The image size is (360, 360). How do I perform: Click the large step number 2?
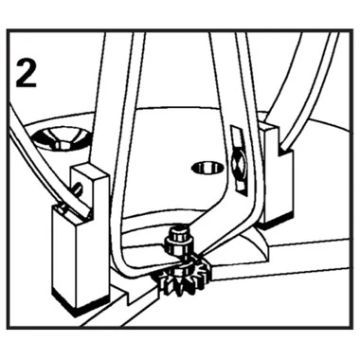(x=27, y=73)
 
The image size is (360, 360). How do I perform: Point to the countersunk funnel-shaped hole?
(x=60, y=138)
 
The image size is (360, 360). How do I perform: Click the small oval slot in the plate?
(x=207, y=168)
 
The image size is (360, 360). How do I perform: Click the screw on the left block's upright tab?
(x=78, y=190)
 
